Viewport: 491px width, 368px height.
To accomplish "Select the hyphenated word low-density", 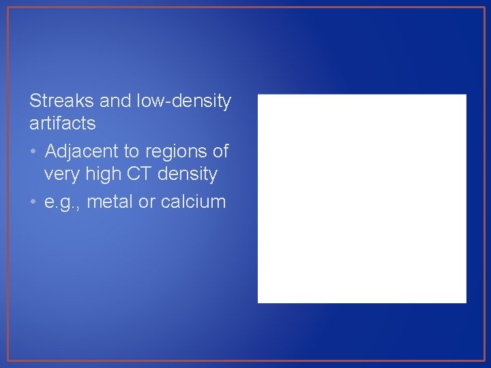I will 184,102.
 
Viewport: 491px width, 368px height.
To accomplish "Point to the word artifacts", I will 62,123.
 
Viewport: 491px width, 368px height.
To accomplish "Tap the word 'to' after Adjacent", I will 130,150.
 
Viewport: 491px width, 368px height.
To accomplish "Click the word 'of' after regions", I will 220,150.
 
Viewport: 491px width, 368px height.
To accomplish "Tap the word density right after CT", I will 188,174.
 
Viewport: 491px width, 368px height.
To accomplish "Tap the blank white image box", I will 361,198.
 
